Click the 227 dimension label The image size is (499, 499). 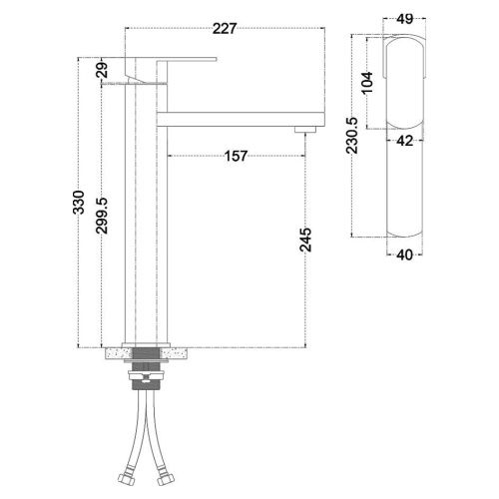click(x=225, y=29)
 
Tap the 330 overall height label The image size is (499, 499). click(x=79, y=203)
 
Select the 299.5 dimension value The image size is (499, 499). click(x=102, y=216)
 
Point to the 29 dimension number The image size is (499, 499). click(x=103, y=70)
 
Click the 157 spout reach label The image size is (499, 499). click(x=236, y=156)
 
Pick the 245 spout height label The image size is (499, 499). click(x=305, y=240)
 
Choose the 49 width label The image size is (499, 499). click(x=405, y=19)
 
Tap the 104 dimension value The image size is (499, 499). click(x=367, y=83)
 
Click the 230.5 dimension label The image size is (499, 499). click(x=352, y=136)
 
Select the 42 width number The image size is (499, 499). click(x=405, y=141)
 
